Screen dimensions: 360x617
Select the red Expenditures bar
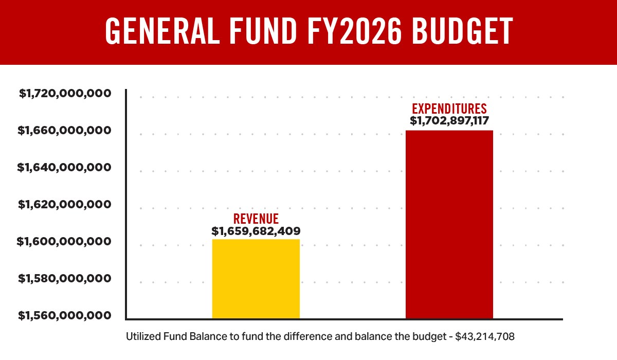coord(449,224)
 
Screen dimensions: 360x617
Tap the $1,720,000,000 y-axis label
coord(65,94)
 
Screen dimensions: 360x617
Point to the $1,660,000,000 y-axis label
coord(65,131)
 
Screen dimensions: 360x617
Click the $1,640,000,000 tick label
coord(65,168)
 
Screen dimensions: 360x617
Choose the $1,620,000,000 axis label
coord(65,205)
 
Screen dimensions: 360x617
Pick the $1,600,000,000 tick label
coord(65,242)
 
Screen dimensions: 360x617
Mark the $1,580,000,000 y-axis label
coord(65,279)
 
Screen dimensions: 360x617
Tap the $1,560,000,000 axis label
coord(65,315)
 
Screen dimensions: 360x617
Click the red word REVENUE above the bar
coord(256,219)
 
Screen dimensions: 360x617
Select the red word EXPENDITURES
coord(449,109)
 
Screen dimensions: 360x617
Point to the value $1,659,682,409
coord(256,231)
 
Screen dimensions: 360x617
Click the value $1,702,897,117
coord(449,121)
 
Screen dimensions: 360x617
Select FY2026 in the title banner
coord(352,32)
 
